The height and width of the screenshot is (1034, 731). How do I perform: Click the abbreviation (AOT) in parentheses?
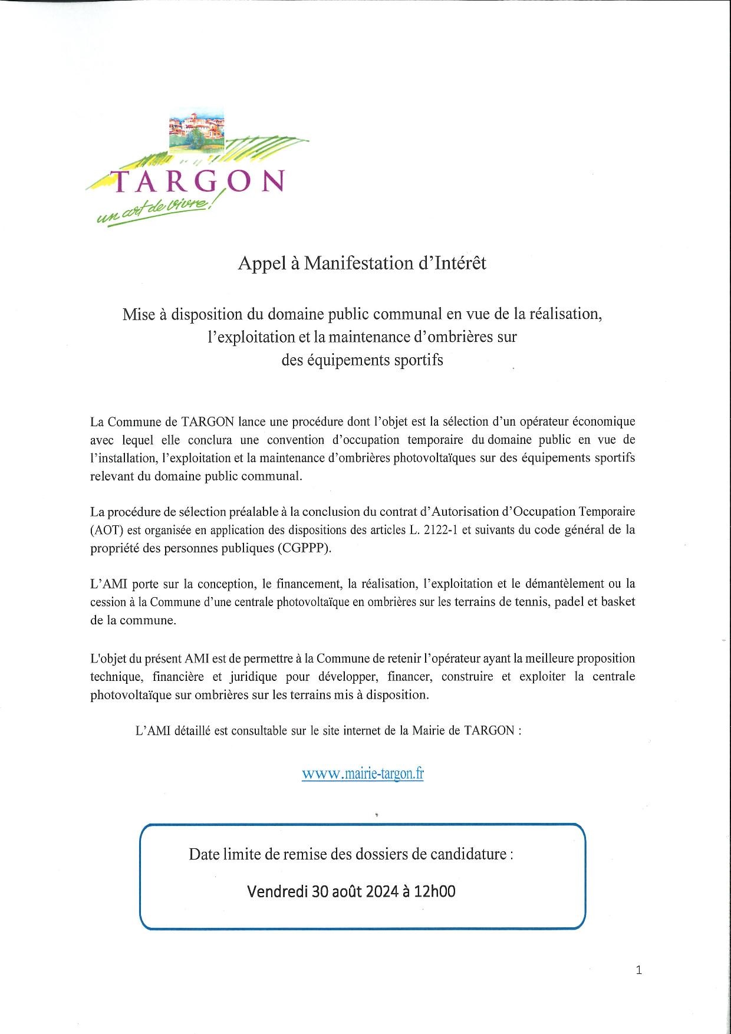click(107, 530)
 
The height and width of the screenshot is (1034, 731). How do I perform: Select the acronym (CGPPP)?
click(305, 548)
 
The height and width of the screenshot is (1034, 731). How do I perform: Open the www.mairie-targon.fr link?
click(363, 773)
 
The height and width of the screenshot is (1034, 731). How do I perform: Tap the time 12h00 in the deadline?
click(435, 891)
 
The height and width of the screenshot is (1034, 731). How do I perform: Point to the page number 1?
click(639, 970)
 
